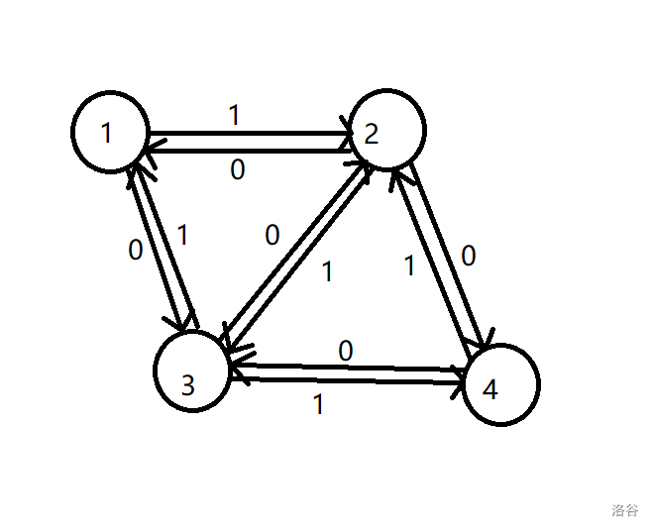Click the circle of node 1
click(110, 132)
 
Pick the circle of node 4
click(500, 384)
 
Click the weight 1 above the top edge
click(235, 116)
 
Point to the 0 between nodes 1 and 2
click(237, 170)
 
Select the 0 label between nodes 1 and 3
click(136, 250)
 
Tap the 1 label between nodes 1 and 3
click(181, 236)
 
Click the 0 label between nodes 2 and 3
click(272, 236)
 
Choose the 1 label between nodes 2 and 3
click(328, 271)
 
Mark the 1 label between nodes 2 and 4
click(410, 265)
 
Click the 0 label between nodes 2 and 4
click(468, 257)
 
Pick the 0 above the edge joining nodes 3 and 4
click(345, 351)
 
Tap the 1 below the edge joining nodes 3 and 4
click(318, 404)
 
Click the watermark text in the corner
click(624, 510)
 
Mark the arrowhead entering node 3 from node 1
click(186, 323)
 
